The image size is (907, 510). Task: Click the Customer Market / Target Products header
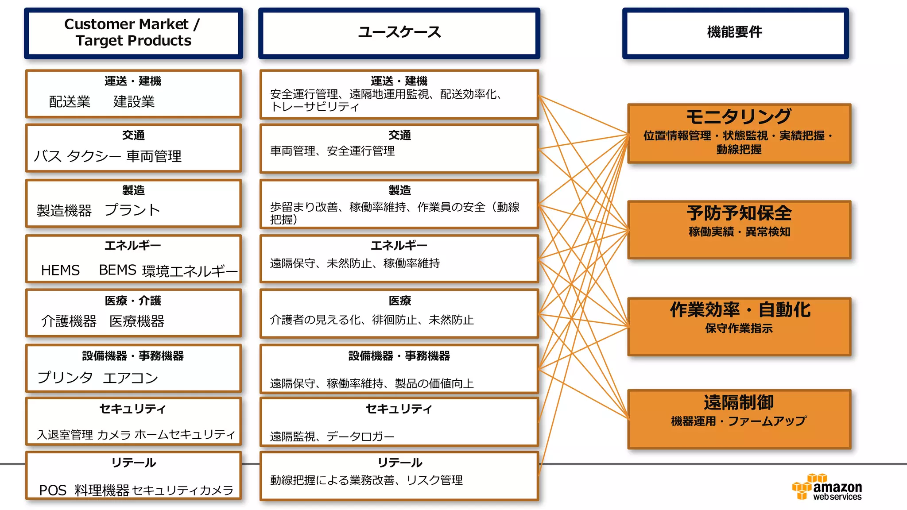[x=133, y=32]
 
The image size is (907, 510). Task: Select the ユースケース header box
[x=399, y=32]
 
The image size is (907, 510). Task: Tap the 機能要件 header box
[x=735, y=32]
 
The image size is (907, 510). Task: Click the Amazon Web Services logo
[x=827, y=487]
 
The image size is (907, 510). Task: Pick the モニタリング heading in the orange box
[x=738, y=116]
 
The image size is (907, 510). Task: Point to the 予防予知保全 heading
[x=739, y=213]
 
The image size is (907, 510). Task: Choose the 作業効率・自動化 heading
[x=740, y=309]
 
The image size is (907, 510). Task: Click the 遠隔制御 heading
[x=739, y=402]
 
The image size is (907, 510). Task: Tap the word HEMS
[x=60, y=270]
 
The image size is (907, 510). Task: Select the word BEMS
[x=117, y=270]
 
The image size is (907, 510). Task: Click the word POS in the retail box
[x=53, y=490]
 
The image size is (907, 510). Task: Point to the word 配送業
[x=70, y=101]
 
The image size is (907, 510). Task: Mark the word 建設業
[x=134, y=101]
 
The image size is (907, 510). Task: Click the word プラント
[x=132, y=210]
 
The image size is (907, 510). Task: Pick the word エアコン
[x=130, y=378]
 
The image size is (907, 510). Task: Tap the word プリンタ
[x=65, y=378]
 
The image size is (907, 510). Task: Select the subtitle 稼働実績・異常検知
[x=739, y=232]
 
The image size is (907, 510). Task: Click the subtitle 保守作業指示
[x=739, y=328]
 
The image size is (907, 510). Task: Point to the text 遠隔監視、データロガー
[x=332, y=437]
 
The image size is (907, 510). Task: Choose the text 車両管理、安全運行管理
[x=332, y=151]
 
